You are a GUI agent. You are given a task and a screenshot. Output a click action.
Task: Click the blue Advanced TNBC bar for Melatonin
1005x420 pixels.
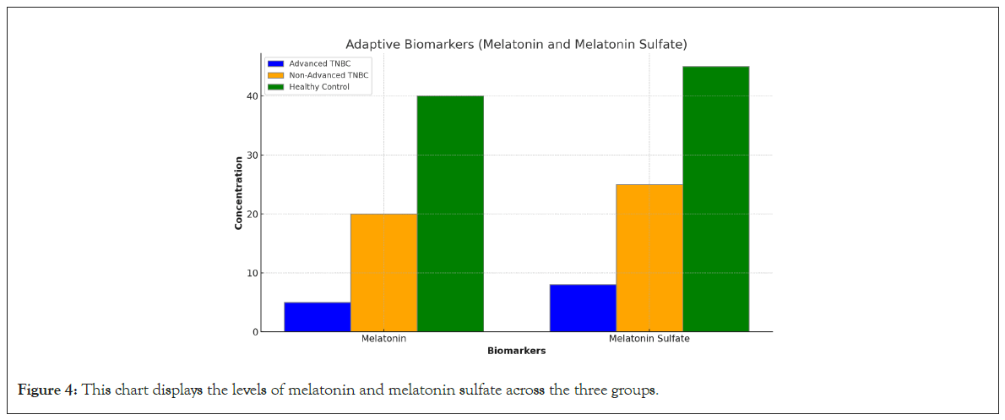tap(317, 317)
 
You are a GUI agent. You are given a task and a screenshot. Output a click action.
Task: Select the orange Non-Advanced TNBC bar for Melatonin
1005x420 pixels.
tap(383, 272)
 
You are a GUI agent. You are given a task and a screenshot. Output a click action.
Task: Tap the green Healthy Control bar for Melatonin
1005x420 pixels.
tap(450, 213)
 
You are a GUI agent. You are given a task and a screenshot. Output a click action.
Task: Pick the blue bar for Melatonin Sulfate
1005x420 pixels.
tap(583, 308)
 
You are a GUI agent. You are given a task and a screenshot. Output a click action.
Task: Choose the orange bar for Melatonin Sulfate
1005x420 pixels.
tap(649, 258)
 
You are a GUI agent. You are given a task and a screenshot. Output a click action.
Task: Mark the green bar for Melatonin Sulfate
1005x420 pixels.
tap(715, 199)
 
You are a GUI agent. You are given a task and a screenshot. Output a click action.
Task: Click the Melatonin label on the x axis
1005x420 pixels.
tap(383, 339)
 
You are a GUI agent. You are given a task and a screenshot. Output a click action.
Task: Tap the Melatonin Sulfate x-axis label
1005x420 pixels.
tap(649, 339)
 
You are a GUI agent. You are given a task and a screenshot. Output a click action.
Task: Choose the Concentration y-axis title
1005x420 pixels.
tap(239, 193)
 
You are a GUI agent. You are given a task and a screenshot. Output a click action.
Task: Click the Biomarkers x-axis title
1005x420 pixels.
tap(516, 350)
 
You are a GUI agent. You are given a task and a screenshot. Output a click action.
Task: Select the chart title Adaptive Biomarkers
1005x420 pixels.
tap(516, 44)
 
